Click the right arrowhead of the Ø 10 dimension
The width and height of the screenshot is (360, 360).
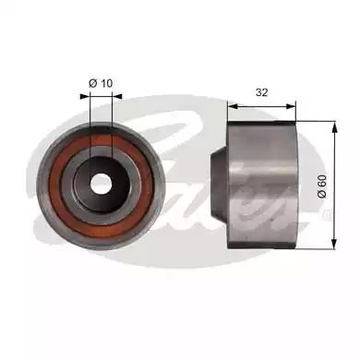[x=110, y=98]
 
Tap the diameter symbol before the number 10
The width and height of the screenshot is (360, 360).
[x=92, y=83]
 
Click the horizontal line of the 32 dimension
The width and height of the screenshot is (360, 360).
[x=262, y=106]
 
